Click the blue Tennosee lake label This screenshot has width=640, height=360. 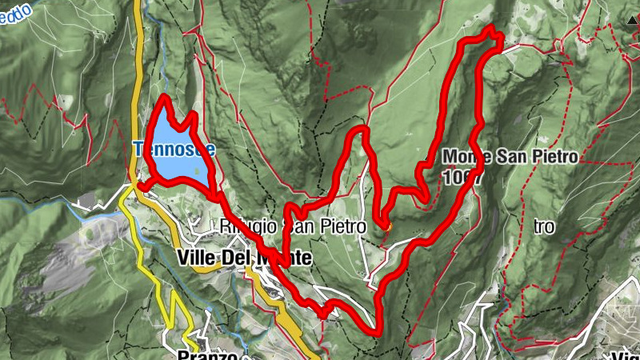tap(164, 149)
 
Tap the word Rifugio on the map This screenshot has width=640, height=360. tap(241, 227)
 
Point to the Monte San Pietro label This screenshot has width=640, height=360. tap(509, 157)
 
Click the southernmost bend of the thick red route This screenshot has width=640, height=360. tap(374, 330)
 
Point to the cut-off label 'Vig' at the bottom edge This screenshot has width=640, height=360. tap(624, 354)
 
